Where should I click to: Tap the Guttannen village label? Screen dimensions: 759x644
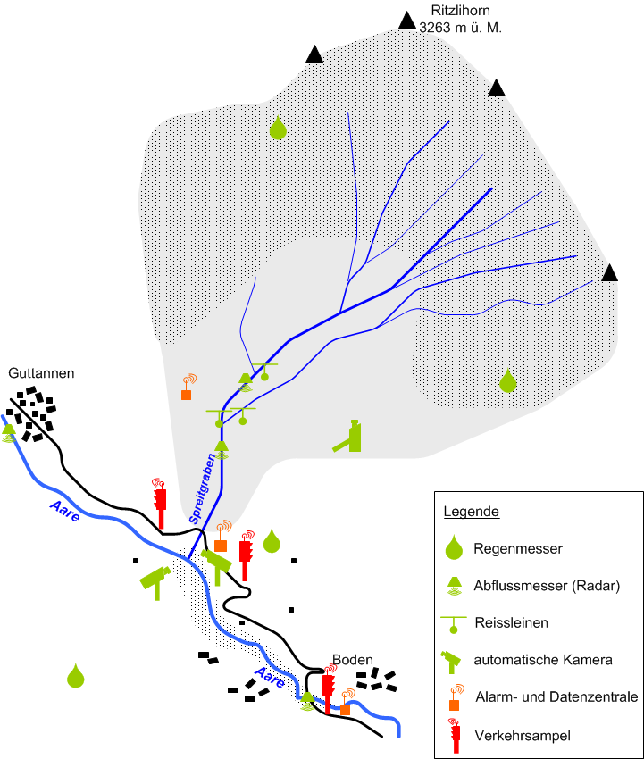pyautogui.click(x=41, y=373)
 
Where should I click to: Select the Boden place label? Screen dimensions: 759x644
pyautogui.click(x=352, y=660)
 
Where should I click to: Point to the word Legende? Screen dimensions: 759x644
pyautogui.click(x=471, y=513)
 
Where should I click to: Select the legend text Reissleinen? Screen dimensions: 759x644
pyautogui.click(x=511, y=622)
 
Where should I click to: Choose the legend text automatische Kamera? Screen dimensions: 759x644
pyautogui.click(x=543, y=660)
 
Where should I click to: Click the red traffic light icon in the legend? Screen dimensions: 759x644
pyautogui.click(x=456, y=734)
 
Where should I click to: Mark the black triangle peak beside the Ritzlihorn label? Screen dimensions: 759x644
pyautogui.click(x=407, y=20)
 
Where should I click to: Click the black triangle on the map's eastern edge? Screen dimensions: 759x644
pyautogui.click(x=610, y=273)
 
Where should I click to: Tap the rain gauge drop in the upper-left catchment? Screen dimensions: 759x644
pyautogui.click(x=278, y=129)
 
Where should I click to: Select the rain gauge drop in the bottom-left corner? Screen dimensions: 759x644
pyautogui.click(x=76, y=677)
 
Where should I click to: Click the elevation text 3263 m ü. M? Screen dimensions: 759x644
pyautogui.click(x=461, y=28)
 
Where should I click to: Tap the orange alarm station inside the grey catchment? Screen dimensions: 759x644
pyautogui.click(x=187, y=394)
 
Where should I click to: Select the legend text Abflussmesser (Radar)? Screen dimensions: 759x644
pyautogui.click(x=547, y=586)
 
